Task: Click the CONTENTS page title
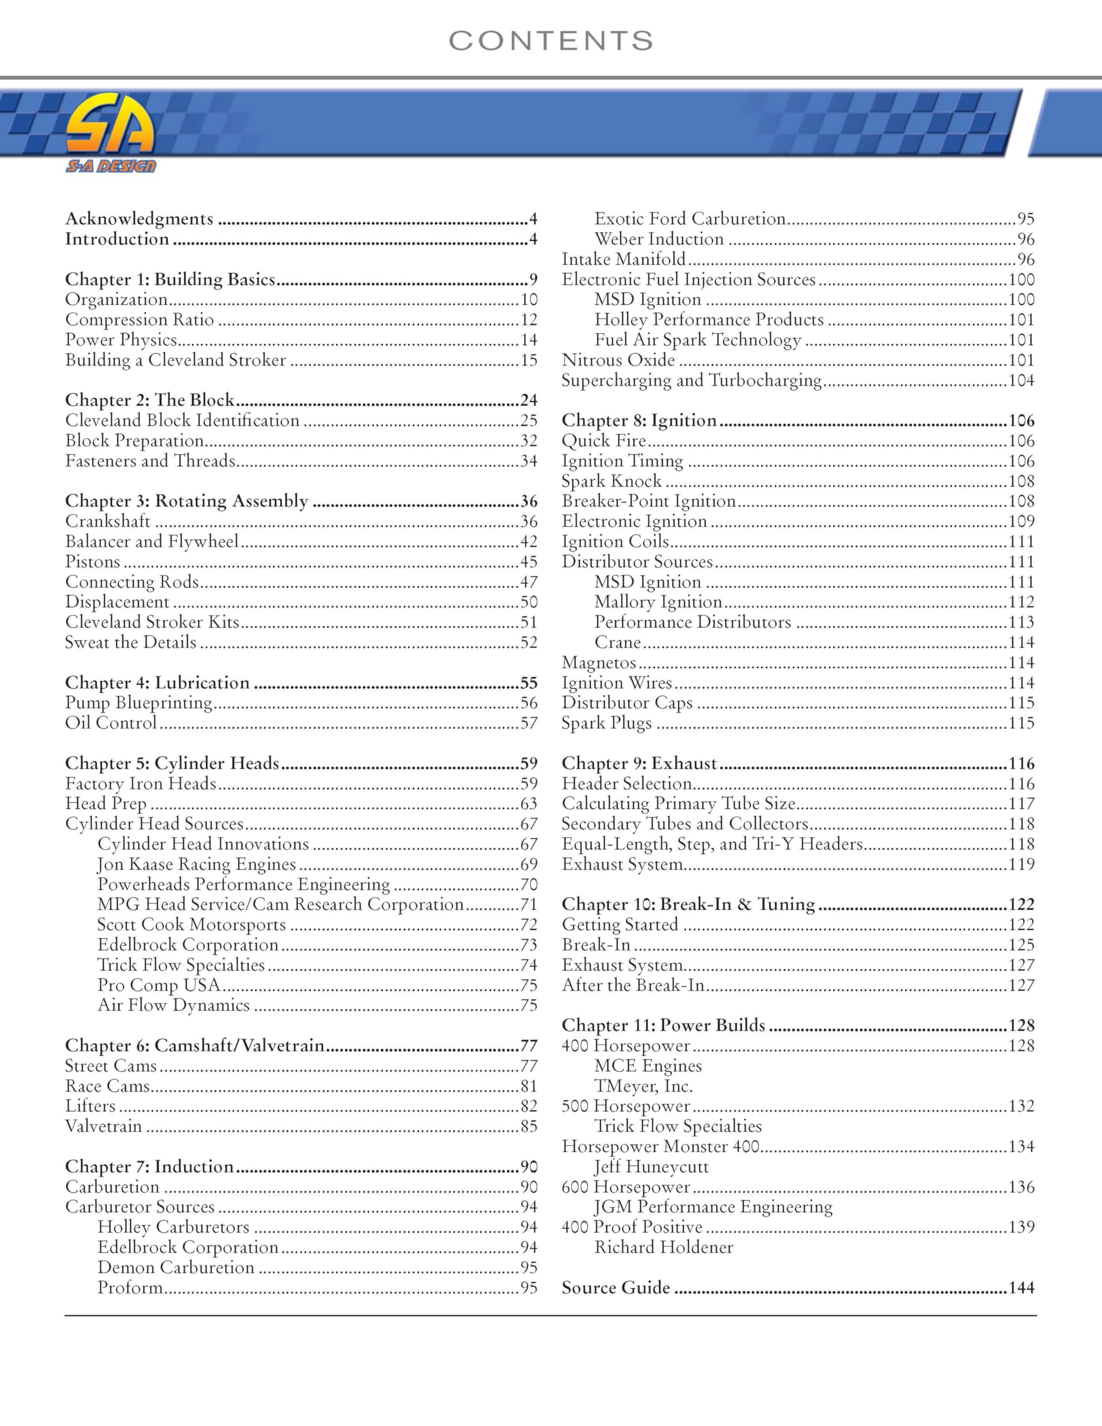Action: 550,41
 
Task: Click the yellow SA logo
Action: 110,125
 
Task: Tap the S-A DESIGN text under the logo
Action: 110,167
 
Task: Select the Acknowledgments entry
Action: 139,219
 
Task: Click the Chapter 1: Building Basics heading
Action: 170,280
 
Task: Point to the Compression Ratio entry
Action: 139,320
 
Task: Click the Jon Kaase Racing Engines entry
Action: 197,865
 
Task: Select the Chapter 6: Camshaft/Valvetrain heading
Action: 194,1046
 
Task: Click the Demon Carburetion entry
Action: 175,1268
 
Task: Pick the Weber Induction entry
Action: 659,239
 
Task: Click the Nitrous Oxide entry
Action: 618,360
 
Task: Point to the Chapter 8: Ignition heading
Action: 639,421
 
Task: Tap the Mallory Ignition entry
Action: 658,602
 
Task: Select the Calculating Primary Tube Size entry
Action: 678,804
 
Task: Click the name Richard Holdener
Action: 663,1248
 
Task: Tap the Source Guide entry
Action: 616,1288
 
